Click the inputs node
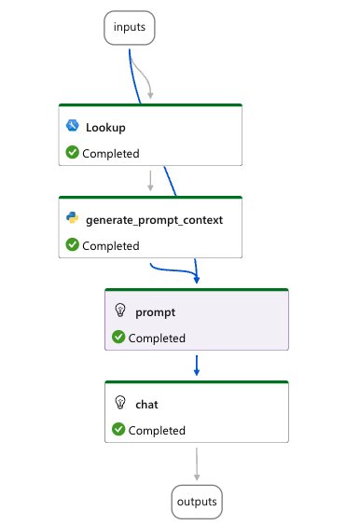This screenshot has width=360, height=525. coord(129,28)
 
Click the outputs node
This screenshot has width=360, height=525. coord(198,503)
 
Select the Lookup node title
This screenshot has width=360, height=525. coord(105,127)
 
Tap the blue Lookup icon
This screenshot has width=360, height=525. coord(72,126)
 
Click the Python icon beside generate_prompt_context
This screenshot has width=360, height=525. coord(72,219)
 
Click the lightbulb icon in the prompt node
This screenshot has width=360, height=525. coord(118,311)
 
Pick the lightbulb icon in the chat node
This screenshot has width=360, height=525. coord(118,404)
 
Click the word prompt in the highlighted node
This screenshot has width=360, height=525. coord(155,311)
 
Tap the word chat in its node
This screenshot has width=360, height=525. coord(146,404)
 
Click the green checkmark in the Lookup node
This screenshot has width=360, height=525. coord(72,153)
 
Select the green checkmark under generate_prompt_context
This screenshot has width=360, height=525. coord(72,245)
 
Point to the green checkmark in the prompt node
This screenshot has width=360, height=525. coord(118,338)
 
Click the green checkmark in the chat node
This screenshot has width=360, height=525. coord(118,430)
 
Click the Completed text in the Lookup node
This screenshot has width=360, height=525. coord(111,153)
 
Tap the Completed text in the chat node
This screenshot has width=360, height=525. coord(157,430)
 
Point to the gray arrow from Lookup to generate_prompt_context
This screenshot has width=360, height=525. coord(150,180)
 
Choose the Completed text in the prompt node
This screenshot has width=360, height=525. coord(157,338)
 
